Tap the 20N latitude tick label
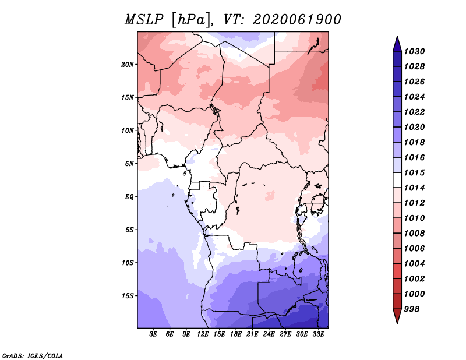(x=128, y=65)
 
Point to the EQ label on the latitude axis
(x=129, y=197)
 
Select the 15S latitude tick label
(x=128, y=296)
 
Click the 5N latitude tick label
(x=129, y=164)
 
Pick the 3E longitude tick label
(x=153, y=334)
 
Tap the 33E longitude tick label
(x=318, y=334)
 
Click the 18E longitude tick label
(x=236, y=334)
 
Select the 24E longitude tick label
(x=269, y=334)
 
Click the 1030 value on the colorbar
(x=415, y=51)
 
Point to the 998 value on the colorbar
(x=412, y=309)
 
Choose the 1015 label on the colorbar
(x=415, y=172)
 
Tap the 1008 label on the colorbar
(x=415, y=234)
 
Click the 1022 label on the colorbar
(x=415, y=112)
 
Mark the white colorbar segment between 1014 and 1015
(x=397, y=180)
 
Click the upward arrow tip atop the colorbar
(x=397, y=36)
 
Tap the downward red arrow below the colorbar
(x=397, y=316)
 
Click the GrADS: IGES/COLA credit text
(x=33, y=355)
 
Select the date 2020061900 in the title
(x=296, y=20)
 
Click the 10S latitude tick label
(x=128, y=263)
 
